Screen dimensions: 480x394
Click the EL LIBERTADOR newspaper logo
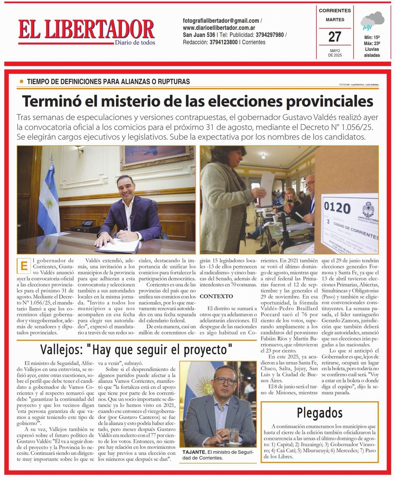coord(86,30)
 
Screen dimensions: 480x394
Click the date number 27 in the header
coord(335,36)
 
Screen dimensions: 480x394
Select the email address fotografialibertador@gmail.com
coord(221,21)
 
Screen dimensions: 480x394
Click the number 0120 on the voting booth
coord(337,208)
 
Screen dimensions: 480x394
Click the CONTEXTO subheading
coord(216,296)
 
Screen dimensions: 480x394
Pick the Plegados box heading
coord(319,413)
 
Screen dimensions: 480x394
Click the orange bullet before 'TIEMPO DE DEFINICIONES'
coord(22,81)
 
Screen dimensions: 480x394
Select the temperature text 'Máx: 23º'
coord(372,43)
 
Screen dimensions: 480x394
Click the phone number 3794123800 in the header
coord(224,42)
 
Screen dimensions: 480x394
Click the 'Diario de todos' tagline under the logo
coord(135,42)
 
